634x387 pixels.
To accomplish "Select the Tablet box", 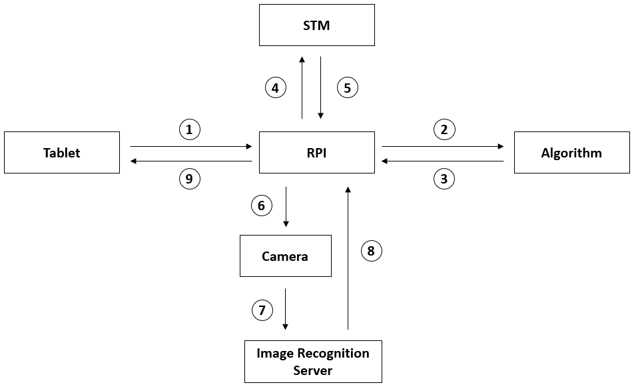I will click(62, 153).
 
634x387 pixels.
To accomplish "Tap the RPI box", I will click(316, 153).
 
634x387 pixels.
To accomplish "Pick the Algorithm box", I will click(571, 153).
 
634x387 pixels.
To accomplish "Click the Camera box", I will click(285, 256).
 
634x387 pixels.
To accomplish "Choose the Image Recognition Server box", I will click(313, 361).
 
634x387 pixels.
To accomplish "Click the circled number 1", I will click(190, 129).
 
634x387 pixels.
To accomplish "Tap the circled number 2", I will click(444, 129).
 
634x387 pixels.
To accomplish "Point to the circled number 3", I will click(444, 178).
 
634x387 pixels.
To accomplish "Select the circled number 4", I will click(275, 87).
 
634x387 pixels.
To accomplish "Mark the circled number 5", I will click(347, 87).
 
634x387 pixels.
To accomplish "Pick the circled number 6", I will click(261, 206).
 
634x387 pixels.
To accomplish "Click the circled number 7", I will click(262, 310).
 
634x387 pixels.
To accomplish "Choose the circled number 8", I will click(371, 251).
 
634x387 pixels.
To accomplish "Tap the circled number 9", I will click(190, 178).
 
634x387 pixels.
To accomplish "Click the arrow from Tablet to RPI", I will click(190, 145).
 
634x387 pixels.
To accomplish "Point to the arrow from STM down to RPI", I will click(321, 87).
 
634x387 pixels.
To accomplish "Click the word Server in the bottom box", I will click(313, 370).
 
